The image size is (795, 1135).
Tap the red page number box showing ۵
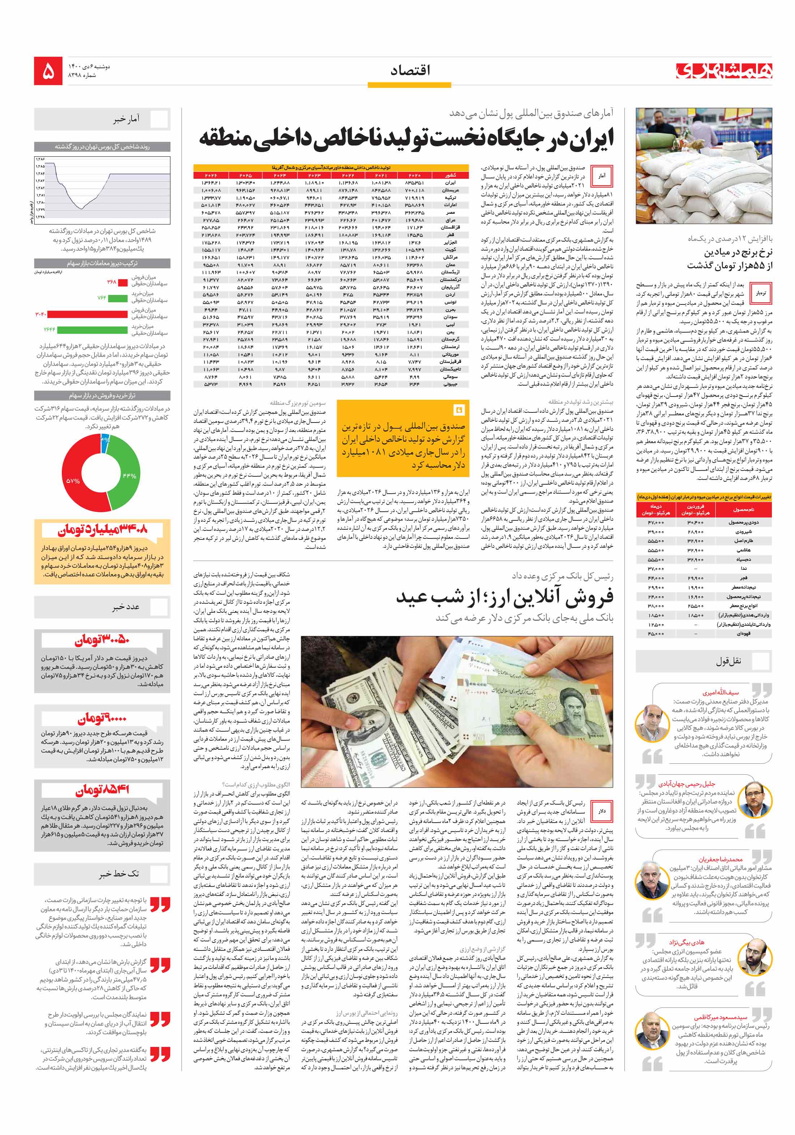click(x=48, y=71)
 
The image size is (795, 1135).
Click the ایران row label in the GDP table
click(x=450, y=183)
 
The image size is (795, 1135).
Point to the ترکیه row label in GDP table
click(x=450, y=197)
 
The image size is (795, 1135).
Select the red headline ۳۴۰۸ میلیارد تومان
click(x=102, y=531)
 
